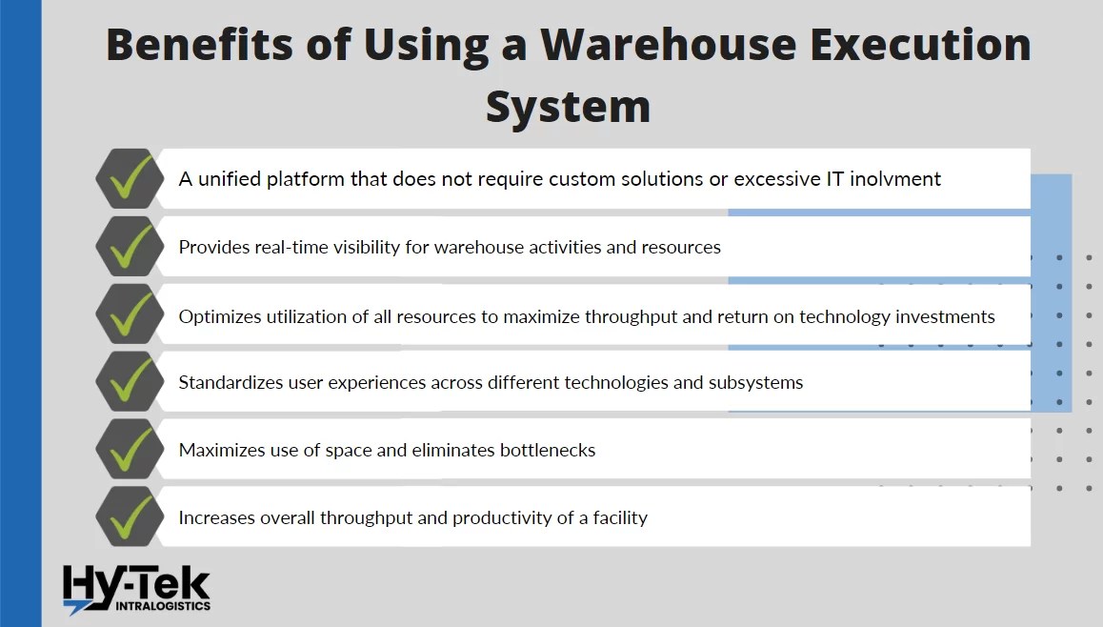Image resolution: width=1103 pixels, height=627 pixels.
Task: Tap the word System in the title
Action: (x=568, y=106)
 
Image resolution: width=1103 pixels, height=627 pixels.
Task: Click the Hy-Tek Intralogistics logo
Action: (x=136, y=588)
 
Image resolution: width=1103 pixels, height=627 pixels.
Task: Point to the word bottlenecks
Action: (x=548, y=450)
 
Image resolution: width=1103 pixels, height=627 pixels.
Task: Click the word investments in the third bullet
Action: (x=945, y=316)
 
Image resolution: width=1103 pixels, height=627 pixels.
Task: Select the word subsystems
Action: (x=755, y=383)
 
